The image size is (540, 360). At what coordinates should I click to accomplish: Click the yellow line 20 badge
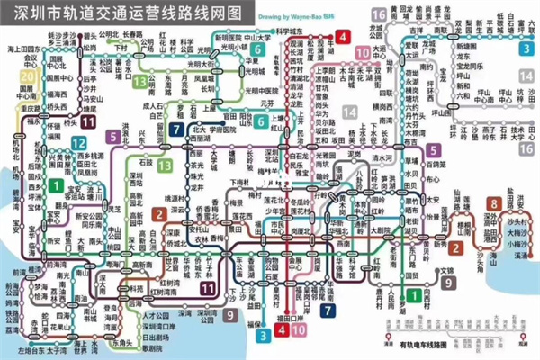click(x=29, y=78)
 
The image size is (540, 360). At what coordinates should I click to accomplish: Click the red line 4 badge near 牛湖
click(x=344, y=38)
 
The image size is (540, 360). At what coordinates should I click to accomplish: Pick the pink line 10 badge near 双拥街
click(x=362, y=53)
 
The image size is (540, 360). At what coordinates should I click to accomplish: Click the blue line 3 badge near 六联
click(x=523, y=50)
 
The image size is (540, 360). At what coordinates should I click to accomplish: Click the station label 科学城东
click(x=288, y=31)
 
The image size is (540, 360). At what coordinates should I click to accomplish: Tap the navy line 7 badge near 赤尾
click(x=329, y=310)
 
